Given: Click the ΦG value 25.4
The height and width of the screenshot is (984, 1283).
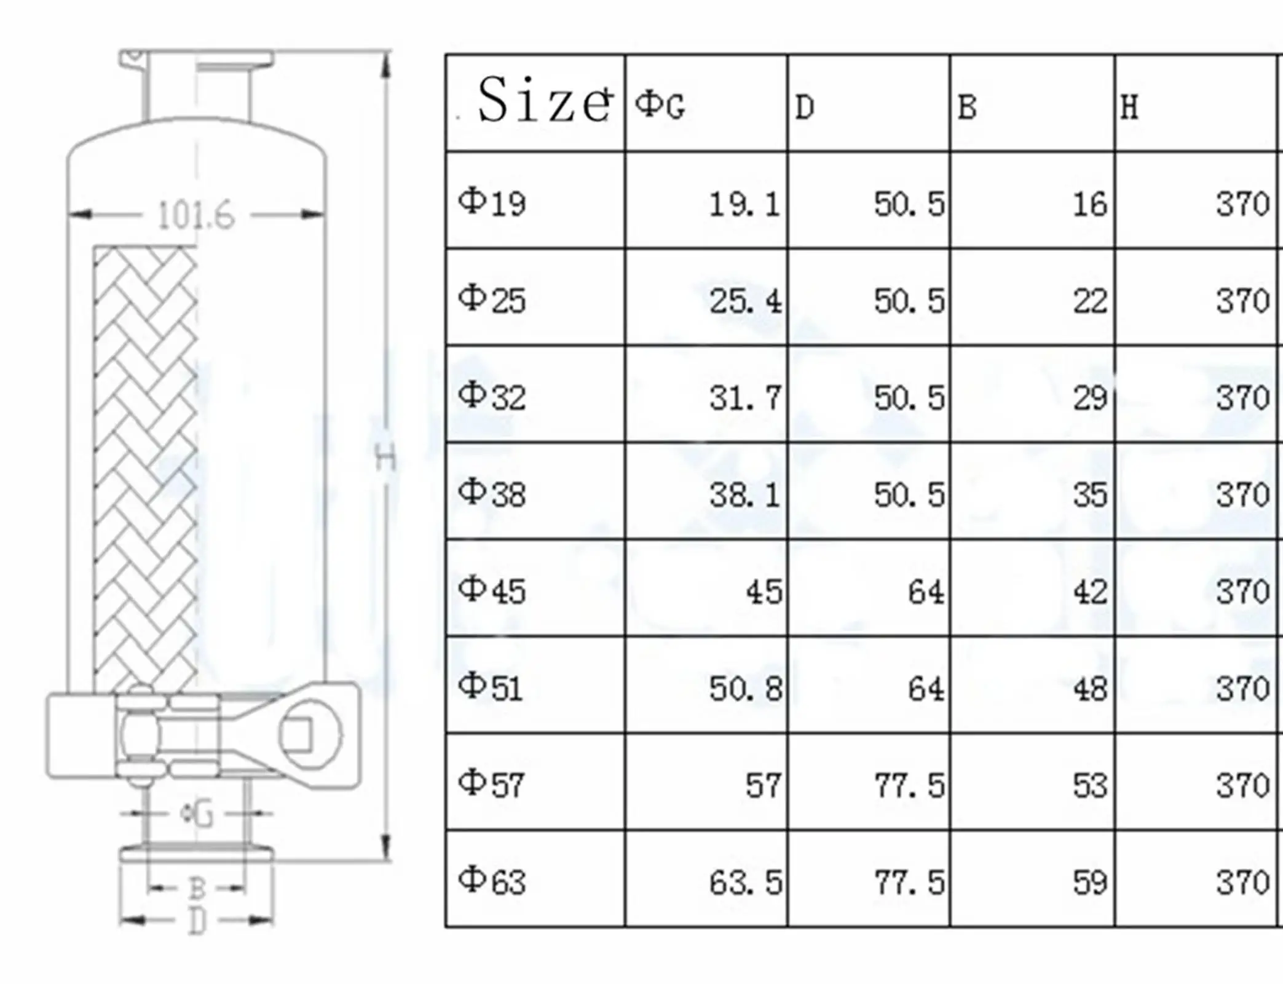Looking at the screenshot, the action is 746,301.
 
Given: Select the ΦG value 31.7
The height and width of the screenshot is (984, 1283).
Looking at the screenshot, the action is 746,398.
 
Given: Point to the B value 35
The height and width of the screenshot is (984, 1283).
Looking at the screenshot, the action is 1090,494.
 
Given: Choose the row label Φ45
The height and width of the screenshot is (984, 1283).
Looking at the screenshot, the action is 492,590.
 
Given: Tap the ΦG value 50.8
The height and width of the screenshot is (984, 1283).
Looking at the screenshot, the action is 746,689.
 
